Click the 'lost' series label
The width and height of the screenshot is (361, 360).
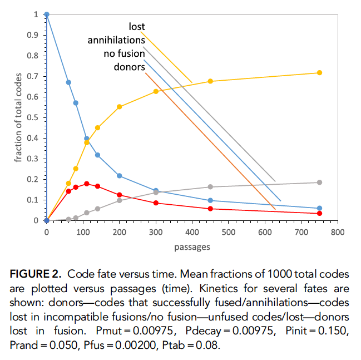click(x=137, y=26)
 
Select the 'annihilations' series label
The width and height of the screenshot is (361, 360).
click(x=116, y=40)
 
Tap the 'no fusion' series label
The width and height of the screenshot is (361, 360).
click(x=125, y=53)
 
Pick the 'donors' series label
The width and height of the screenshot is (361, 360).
click(x=130, y=67)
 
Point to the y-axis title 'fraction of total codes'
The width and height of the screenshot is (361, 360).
click(x=19, y=118)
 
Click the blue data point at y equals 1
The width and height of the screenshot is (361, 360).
click(x=47, y=14)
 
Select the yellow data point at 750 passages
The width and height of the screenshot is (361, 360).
click(x=319, y=73)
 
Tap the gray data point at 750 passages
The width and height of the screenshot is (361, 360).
click(x=319, y=183)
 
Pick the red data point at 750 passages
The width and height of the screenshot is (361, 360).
click(x=319, y=213)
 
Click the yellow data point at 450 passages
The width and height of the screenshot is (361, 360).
click(x=210, y=81)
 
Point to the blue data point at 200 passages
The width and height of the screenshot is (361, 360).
click(x=120, y=176)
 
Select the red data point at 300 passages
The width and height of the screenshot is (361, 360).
click(x=156, y=203)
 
